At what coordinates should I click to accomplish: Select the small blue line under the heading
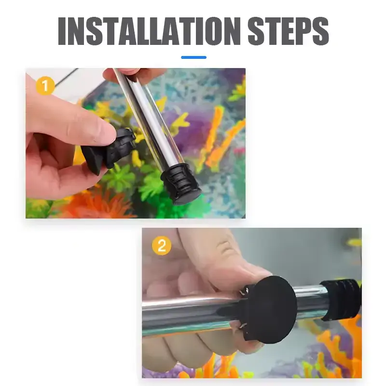pos(193,57)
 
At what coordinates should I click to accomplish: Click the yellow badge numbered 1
pos(45,86)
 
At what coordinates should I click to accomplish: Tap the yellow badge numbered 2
pos(161,246)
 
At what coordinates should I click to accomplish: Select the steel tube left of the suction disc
pos(193,316)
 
